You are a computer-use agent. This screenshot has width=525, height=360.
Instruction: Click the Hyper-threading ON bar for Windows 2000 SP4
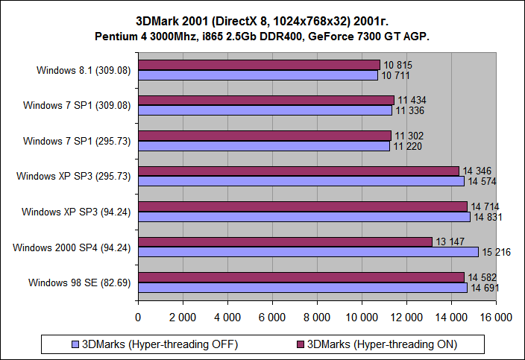click(x=285, y=241)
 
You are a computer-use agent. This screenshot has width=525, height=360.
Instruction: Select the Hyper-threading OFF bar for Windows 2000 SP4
click(x=308, y=252)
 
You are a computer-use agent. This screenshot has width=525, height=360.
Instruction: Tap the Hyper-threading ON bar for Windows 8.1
click(x=259, y=65)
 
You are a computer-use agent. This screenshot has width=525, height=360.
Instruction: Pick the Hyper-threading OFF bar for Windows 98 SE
click(x=302, y=287)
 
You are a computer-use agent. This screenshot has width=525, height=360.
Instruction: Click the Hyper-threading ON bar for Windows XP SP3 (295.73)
click(x=298, y=171)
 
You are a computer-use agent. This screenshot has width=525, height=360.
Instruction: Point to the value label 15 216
click(x=496, y=252)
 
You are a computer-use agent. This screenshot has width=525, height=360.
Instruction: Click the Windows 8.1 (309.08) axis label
click(x=84, y=70)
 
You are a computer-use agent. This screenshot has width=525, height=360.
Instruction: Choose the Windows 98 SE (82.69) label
click(x=80, y=282)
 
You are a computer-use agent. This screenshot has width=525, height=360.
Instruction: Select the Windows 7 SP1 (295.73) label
click(x=77, y=141)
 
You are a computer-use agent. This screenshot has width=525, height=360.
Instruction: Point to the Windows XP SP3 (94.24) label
click(x=77, y=212)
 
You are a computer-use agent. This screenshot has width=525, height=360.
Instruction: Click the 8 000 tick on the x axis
click(x=317, y=317)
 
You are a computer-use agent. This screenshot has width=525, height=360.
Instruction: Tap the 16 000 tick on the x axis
click(x=496, y=317)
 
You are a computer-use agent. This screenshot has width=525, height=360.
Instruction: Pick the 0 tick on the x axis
click(x=138, y=317)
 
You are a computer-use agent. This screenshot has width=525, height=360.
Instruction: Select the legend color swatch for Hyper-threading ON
click(x=301, y=344)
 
